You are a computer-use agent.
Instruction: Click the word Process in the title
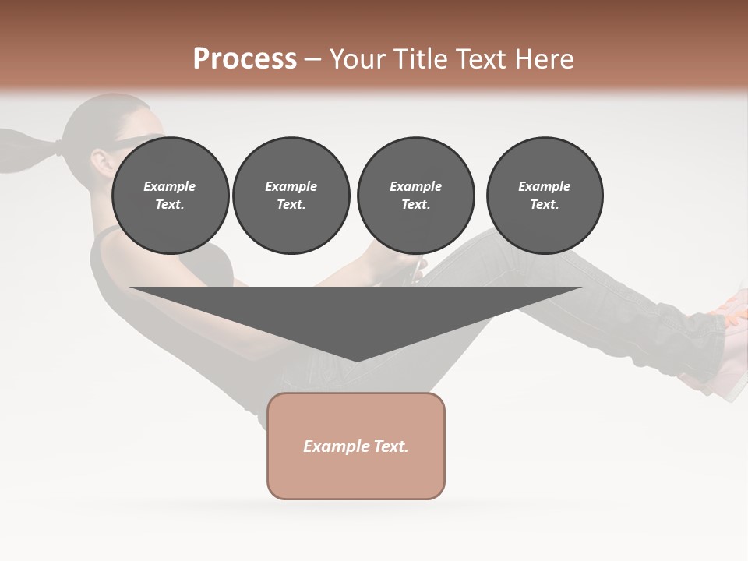pos(245,59)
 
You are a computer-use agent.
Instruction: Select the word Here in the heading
pos(544,59)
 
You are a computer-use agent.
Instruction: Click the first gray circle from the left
pos(170,195)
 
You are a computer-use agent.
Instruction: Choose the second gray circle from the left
pos(291,195)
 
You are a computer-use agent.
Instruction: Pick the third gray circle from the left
pos(415,195)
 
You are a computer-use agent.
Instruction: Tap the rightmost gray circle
pos(544,195)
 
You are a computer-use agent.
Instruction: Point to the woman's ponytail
pos(23,152)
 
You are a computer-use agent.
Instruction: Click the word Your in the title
pos(358,59)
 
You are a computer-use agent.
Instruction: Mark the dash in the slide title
pos(312,60)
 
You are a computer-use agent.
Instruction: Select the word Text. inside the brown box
pos(392,446)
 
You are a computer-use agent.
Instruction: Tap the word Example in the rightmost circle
pos(544,186)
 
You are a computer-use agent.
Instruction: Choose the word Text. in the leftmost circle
pos(170,204)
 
